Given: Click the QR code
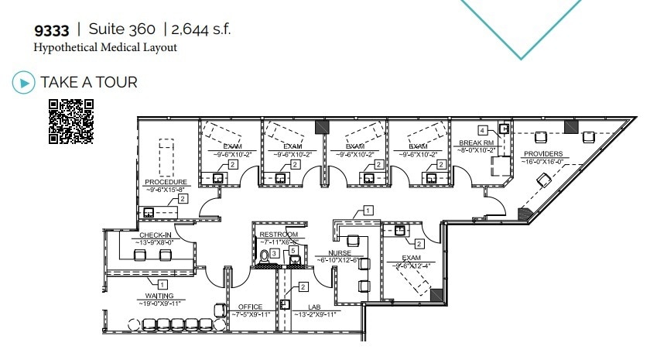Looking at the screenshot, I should (x=70, y=122).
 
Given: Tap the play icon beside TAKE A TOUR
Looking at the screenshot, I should (x=25, y=82).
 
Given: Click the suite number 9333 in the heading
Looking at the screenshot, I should (x=52, y=31).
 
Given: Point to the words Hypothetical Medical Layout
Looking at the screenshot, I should (x=105, y=47).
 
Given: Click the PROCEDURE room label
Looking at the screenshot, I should (x=166, y=182).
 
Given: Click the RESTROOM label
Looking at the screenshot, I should (x=279, y=235).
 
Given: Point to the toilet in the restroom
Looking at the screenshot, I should (x=265, y=254).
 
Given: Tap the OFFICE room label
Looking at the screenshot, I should (x=251, y=307).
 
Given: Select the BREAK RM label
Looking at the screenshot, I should (x=476, y=144).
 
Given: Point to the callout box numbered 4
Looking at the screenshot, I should (x=482, y=130).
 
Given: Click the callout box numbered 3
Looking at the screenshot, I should (x=275, y=253).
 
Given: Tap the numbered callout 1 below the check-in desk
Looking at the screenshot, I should (x=163, y=283).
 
